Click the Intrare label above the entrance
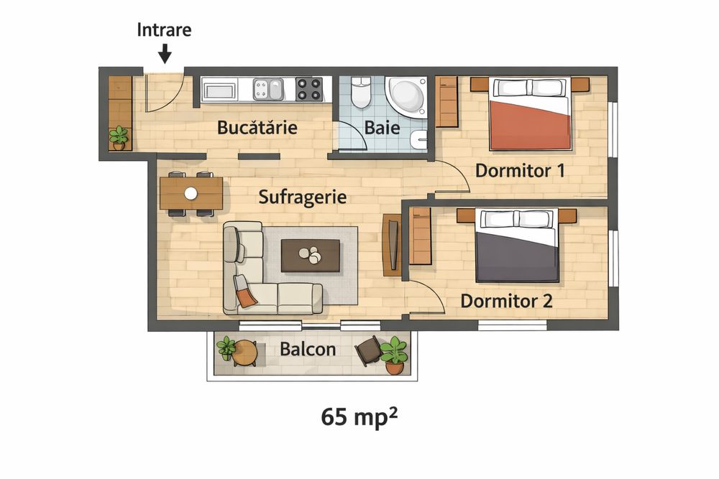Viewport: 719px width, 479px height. click(x=164, y=31)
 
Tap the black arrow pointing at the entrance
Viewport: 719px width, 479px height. click(x=165, y=54)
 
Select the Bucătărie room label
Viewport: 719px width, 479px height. click(x=257, y=129)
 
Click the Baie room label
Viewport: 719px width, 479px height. click(x=383, y=129)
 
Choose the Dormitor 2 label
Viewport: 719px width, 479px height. click(x=506, y=300)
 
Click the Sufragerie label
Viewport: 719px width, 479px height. click(x=303, y=197)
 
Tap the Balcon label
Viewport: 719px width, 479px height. click(x=308, y=350)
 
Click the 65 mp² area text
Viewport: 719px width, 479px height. click(x=359, y=417)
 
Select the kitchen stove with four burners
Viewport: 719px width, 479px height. click(x=309, y=90)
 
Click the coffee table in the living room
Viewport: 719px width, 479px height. click(x=310, y=256)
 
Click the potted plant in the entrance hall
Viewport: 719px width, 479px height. click(x=119, y=137)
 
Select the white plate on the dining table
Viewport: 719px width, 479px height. click(x=191, y=193)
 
